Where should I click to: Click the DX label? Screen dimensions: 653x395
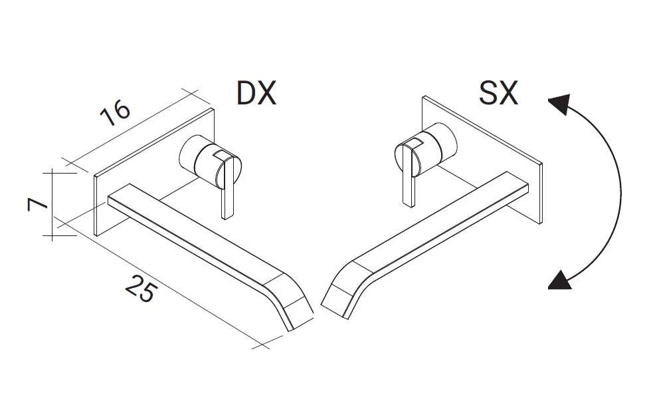point(256,93)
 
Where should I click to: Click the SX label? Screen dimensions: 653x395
point(498,93)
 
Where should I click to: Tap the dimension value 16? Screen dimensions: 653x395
point(116,112)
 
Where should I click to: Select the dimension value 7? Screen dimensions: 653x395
point(37,204)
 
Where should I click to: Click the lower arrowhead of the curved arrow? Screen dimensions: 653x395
point(559,279)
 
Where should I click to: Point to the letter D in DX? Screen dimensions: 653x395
point(246,93)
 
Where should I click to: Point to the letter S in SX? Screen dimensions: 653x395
point(488,93)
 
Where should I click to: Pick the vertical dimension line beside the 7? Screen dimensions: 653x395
point(52,204)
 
